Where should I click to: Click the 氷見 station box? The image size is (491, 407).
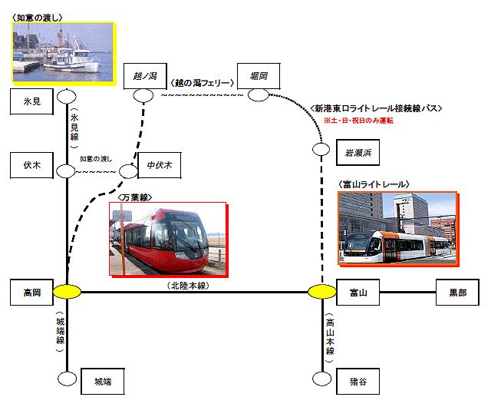[x=31, y=101]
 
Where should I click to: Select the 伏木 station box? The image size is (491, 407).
[x=31, y=165]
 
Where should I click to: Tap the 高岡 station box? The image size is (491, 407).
[x=31, y=293]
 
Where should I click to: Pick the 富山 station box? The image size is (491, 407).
[x=358, y=293]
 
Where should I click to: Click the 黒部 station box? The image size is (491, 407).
[x=457, y=293]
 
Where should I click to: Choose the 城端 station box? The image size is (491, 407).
[x=103, y=382]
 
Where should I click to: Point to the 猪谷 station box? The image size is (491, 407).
[x=358, y=382]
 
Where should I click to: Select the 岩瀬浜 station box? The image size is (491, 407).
[x=358, y=152]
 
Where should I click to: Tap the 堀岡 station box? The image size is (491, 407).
[x=259, y=76]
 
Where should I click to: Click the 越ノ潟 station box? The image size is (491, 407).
[x=145, y=76]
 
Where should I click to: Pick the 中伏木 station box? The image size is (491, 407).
[x=160, y=165]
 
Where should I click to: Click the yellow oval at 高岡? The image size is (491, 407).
[x=67, y=292]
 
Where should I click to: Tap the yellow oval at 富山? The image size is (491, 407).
[x=322, y=292]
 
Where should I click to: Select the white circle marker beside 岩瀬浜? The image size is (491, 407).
[x=321, y=149]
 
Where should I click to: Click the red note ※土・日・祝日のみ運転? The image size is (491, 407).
[x=358, y=121]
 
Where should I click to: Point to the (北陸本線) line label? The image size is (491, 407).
[x=188, y=286]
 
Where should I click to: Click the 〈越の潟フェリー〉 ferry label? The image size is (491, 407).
[x=203, y=83]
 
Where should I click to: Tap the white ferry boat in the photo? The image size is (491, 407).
[x=72, y=58]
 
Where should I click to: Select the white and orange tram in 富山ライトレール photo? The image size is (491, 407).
[x=396, y=247]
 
